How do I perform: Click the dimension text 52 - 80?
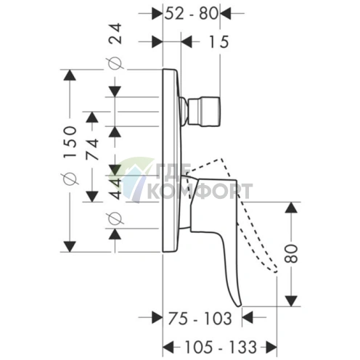[192, 13]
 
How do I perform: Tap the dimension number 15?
[218, 42]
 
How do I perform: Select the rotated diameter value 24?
[115, 33]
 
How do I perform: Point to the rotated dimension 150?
[70, 142]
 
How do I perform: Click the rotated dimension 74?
[92, 150]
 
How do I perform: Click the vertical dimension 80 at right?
[291, 254]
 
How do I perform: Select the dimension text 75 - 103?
[200, 318]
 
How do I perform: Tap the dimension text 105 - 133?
[221, 347]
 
